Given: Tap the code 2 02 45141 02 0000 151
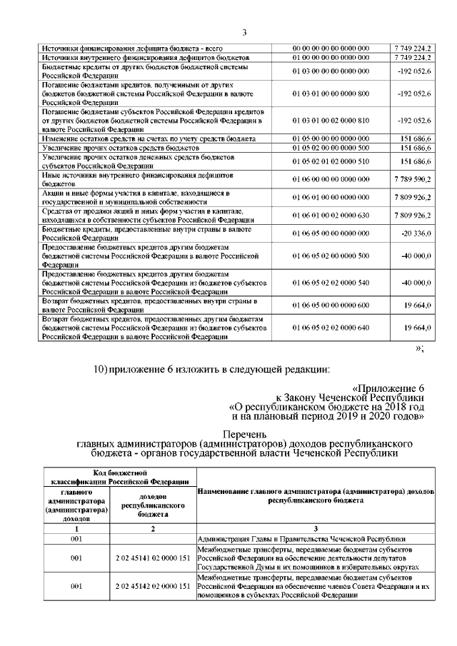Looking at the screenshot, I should pyautogui.click(x=154, y=558).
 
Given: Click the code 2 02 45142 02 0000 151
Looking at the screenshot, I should pyautogui.click(x=154, y=586).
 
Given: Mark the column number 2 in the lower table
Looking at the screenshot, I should pyautogui.click(x=154, y=528).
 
